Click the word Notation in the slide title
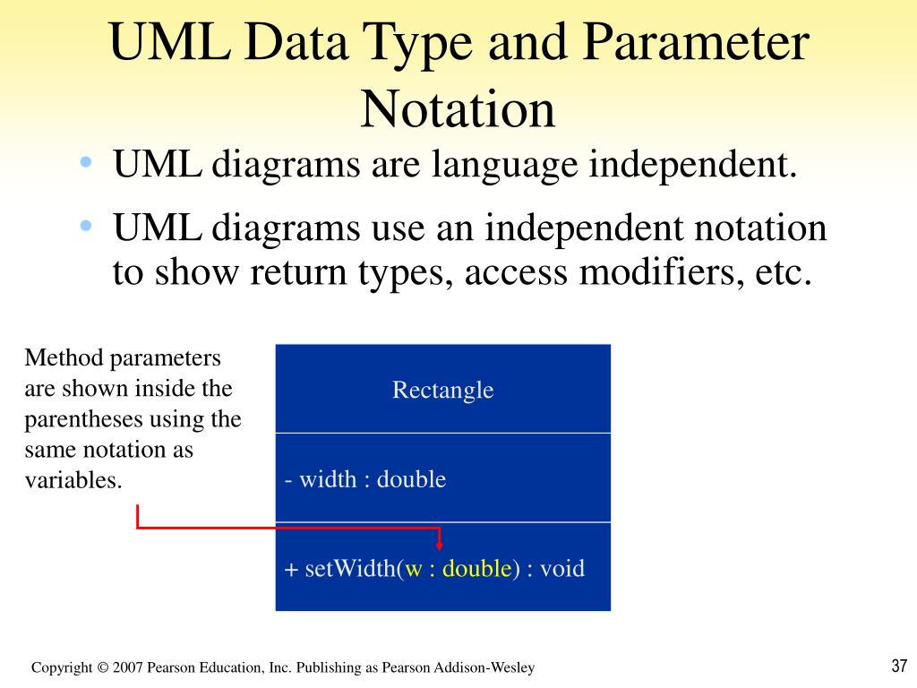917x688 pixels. tap(458, 108)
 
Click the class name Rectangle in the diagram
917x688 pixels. tap(442, 390)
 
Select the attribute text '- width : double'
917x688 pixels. tap(365, 479)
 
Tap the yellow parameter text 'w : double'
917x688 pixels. tap(458, 569)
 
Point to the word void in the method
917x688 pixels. tap(562, 569)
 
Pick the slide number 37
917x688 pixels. tap(900, 666)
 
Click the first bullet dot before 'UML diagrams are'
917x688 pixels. tap(86, 162)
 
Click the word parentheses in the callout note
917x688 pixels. tap(82, 419)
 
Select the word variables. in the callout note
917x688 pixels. tap(73, 479)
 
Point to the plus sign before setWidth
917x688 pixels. tap(291, 570)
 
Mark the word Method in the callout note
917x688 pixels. tap(64, 359)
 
